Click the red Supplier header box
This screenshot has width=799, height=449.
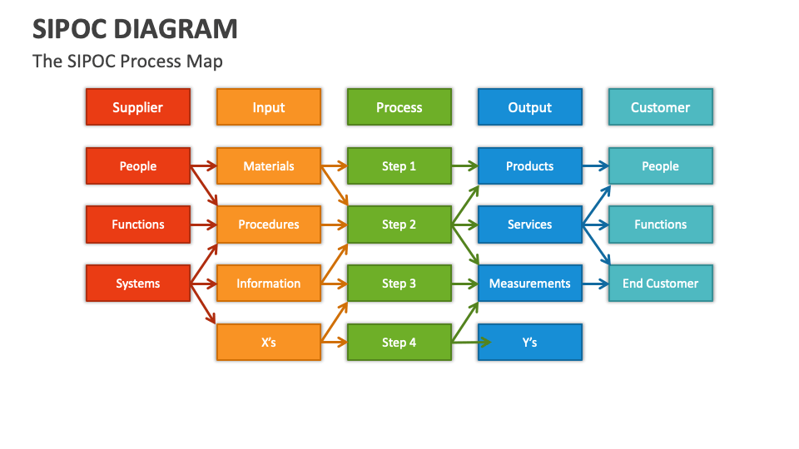[138, 107]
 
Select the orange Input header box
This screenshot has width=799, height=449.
[269, 107]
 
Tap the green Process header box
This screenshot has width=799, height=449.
[399, 107]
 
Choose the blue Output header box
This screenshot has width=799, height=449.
[530, 107]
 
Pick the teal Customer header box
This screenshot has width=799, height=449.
[661, 107]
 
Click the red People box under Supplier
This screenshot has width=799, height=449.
[138, 166]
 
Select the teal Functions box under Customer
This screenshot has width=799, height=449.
[661, 224]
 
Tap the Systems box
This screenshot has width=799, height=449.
[138, 284]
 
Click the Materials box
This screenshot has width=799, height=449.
[269, 166]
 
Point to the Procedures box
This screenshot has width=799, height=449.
[269, 224]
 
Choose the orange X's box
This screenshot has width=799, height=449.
[269, 343]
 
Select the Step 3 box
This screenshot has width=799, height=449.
[399, 284]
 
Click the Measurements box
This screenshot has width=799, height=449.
[530, 284]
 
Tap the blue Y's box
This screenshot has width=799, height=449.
[530, 343]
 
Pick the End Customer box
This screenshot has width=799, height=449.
[661, 284]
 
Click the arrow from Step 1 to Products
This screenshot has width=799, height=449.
[464, 166]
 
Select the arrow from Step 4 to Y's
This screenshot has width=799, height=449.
[470, 342]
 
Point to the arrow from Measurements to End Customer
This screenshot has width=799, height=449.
[595, 284]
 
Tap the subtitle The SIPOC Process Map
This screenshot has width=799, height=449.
[127, 62]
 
